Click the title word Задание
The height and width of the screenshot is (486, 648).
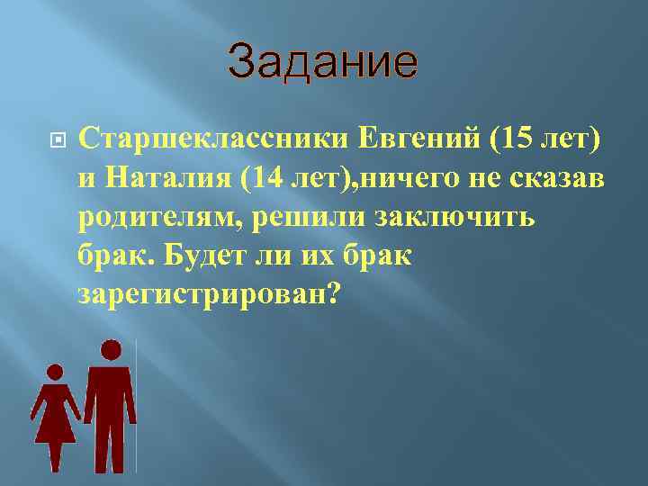click(323, 62)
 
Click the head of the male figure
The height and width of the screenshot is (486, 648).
click(111, 350)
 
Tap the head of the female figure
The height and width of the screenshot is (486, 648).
click(55, 371)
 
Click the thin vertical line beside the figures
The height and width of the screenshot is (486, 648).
click(136, 405)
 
